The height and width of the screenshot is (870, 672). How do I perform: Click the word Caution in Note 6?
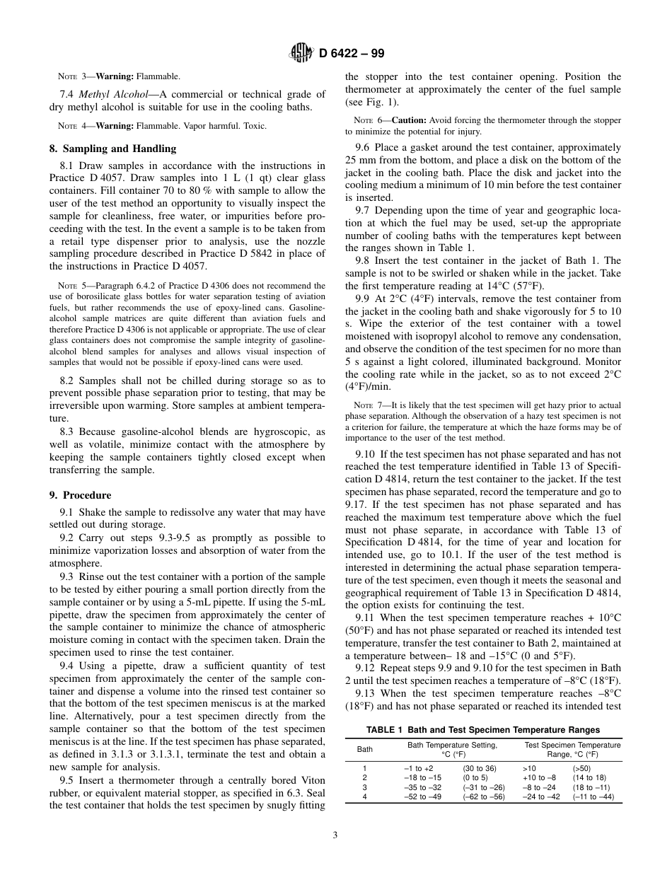[407, 120]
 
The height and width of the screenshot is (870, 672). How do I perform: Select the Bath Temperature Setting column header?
[452, 745]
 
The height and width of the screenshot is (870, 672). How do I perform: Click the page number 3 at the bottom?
[335, 835]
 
